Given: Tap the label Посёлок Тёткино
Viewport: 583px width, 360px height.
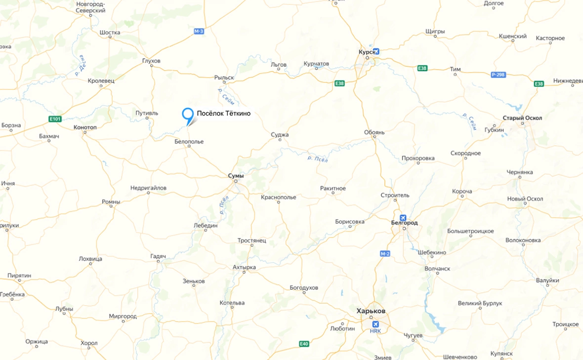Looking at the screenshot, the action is [x=223, y=114].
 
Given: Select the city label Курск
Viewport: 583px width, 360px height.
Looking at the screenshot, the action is [x=367, y=51].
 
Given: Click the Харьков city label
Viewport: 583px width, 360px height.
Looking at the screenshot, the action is [x=371, y=311].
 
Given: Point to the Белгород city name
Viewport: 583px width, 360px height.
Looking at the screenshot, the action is [x=404, y=223].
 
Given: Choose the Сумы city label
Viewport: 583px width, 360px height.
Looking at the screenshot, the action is [x=236, y=175].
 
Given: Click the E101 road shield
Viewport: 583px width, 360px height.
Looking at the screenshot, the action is [x=55, y=119].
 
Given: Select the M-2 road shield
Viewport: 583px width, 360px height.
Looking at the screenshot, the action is [x=385, y=253].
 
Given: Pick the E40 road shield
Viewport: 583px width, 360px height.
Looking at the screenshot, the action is [x=304, y=344].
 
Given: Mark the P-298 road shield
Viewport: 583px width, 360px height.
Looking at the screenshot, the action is [x=499, y=75].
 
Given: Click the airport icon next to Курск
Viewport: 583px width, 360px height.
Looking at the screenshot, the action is [x=376, y=51].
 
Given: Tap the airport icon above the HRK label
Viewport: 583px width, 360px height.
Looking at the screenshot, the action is [x=375, y=324].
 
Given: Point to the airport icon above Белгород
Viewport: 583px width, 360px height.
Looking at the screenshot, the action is [x=403, y=217].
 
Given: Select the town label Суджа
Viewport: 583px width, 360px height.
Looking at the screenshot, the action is [x=280, y=135].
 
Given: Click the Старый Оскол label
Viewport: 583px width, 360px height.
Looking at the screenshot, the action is [x=522, y=118].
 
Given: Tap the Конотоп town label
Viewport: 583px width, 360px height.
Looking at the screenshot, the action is [x=85, y=127].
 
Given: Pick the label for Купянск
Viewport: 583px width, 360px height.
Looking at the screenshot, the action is [x=502, y=354].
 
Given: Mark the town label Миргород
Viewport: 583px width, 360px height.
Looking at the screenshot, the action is [x=123, y=316].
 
